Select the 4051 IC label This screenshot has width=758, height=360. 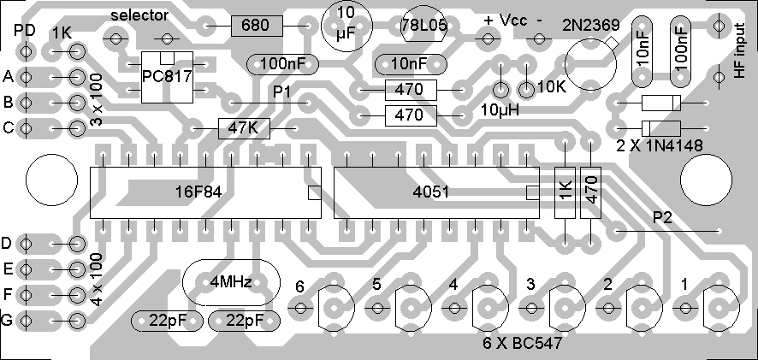pyautogui.click(x=430, y=192)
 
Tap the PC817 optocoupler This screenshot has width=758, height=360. pyautogui.click(x=167, y=75)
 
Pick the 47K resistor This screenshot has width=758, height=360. pyautogui.click(x=244, y=128)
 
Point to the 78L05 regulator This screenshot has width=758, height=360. pyautogui.click(x=423, y=27)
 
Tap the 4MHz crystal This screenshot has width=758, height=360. pyautogui.click(x=231, y=281)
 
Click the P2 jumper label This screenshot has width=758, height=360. pyautogui.click(x=664, y=217)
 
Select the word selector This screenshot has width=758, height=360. pyautogui.click(x=140, y=15)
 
